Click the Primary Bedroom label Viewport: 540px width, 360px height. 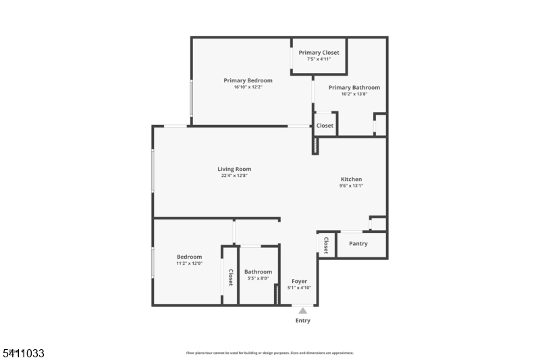coord(248,80)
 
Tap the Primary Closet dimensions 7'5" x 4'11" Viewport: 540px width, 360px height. coord(319,59)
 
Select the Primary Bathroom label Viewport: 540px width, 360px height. coord(354,87)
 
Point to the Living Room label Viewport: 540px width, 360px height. coord(234,169)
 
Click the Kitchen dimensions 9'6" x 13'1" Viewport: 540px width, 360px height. coord(351,186)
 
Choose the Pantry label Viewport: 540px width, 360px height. coord(358,244)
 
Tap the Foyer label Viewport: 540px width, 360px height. coord(299,281)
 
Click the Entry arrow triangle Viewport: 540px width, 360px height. coord(303,311)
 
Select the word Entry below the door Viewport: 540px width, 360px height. coord(303,321)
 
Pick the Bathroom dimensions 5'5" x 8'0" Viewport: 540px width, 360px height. coord(258,278)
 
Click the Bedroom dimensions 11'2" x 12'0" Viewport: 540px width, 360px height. coord(189,263)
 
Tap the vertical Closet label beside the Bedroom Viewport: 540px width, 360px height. coord(230,278)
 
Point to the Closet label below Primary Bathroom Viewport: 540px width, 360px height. coord(325,126)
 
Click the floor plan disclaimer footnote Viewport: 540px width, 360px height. coord(269,353)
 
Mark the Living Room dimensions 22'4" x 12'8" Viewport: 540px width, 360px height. coord(234,176)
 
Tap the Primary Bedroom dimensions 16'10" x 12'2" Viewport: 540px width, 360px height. coord(248,87)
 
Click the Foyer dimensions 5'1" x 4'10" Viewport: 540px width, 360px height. coord(299,288)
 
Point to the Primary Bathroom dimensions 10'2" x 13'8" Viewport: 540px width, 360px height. coord(354,94)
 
